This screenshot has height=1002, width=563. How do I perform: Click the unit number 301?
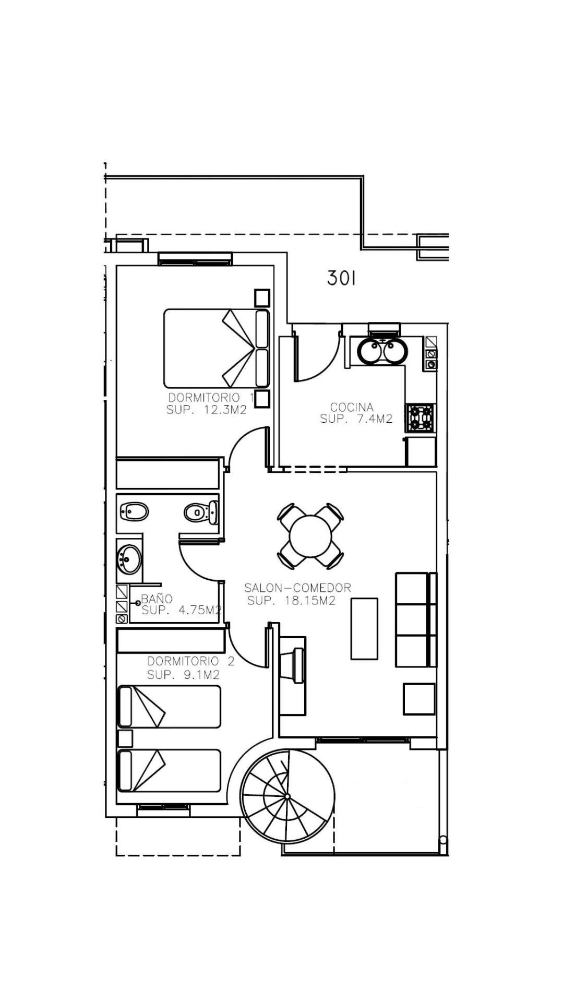coord(341,278)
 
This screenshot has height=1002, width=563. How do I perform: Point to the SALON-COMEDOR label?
coord(297,588)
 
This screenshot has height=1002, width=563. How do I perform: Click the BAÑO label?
coord(157,599)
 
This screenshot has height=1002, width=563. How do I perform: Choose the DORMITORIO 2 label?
coord(190,662)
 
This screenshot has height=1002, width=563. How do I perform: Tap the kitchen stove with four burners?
coord(421,417)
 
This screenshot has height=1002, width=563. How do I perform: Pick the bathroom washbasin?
coord(129,559)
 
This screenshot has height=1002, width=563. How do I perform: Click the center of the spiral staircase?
coord(287,796)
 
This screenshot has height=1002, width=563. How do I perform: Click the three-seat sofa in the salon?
coord(416,619)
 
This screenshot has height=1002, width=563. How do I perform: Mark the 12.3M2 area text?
coord(225,410)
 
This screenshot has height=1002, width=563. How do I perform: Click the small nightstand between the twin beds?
coord(125,738)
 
